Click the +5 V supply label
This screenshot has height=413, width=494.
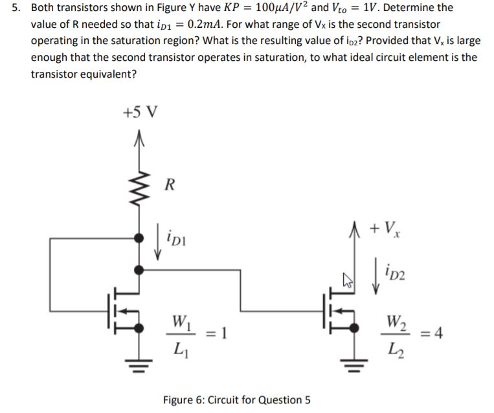click(x=140, y=112)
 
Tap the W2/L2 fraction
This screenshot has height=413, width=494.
click(x=396, y=334)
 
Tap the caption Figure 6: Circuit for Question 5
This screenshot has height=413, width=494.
click(x=236, y=399)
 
